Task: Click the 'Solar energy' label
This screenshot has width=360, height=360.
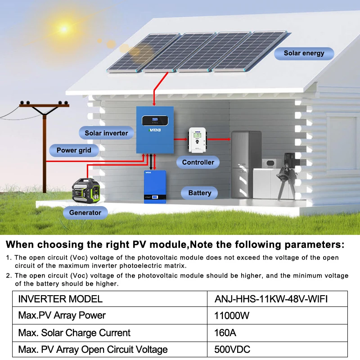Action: (x=304, y=53)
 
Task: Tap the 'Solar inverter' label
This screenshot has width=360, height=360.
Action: (x=106, y=133)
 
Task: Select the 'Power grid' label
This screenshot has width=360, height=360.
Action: (x=74, y=150)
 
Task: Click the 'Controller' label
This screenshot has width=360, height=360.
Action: (x=198, y=162)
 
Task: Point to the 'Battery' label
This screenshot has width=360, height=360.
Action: (x=199, y=193)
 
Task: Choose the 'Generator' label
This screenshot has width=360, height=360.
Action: (x=85, y=212)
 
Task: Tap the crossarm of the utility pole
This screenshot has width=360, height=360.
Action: (x=45, y=105)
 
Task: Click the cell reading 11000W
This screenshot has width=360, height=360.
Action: (x=232, y=315)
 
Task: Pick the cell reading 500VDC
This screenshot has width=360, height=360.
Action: (x=232, y=350)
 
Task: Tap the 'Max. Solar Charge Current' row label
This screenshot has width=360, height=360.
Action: (x=74, y=333)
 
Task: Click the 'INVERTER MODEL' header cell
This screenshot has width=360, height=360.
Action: (x=60, y=299)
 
